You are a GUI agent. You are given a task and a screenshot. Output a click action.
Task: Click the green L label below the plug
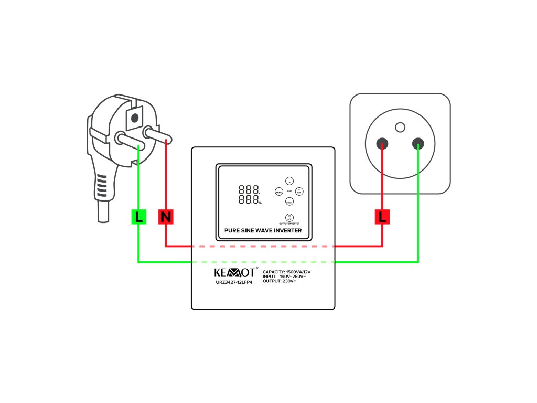[138, 216]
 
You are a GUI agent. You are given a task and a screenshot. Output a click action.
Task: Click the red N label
[166, 216]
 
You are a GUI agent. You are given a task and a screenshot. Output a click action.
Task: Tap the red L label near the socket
[382, 216]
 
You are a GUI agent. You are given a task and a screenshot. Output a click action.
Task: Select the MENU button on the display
[279, 192]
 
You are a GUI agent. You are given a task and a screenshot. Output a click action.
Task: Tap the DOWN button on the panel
[289, 201]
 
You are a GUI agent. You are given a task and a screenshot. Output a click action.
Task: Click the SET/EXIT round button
[299, 192]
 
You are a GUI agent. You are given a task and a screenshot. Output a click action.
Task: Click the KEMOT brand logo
[235, 272]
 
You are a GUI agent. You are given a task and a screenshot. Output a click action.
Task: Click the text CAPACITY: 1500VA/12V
[287, 271]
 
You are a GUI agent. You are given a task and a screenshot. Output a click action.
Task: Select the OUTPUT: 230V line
[280, 281]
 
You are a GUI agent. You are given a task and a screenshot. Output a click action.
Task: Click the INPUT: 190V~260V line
[284, 277]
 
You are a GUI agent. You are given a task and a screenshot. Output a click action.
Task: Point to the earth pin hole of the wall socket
[400, 126]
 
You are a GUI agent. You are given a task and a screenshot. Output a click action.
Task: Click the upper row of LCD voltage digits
[248, 190]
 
